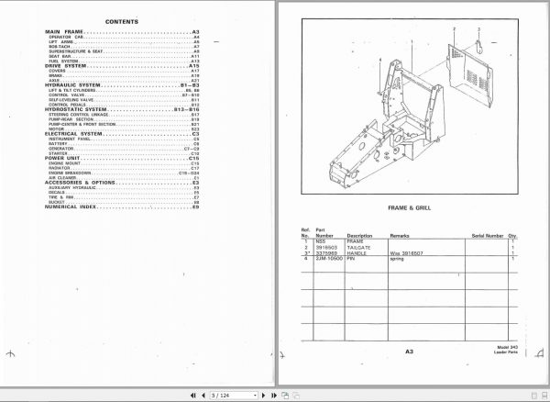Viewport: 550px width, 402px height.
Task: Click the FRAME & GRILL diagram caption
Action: point(410,207)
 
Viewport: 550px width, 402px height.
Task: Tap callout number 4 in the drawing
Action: point(379,61)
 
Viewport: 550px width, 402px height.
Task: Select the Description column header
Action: point(359,235)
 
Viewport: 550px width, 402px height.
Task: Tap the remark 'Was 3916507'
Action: point(407,252)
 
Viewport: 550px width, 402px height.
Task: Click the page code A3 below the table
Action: point(409,350)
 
